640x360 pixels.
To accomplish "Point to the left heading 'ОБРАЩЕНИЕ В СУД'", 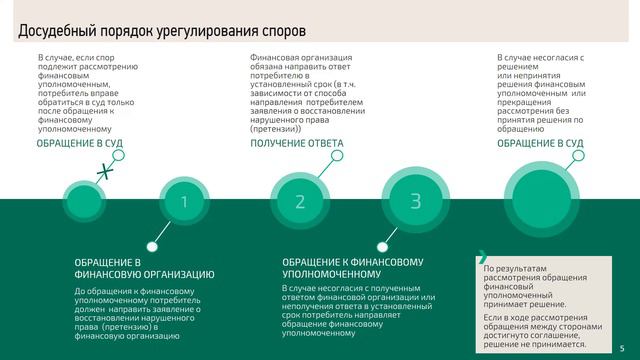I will coord(80,144).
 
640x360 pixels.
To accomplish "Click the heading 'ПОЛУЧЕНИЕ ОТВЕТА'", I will coord(296,144).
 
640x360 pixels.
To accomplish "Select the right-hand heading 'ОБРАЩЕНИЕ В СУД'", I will coord(540,144).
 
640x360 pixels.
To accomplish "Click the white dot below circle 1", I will coord(151,243).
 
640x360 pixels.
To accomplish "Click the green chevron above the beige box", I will coord(483,254).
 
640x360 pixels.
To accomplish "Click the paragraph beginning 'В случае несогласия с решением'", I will coord(540,95).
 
